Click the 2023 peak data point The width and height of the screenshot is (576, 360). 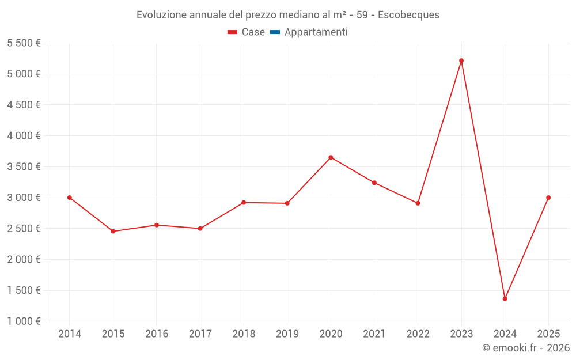pyautogui.click(x=461, y=60)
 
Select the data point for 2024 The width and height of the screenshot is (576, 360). pyautogui.click(x=505, y=298)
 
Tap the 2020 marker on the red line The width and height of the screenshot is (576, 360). pyautogui.click(x=331, y=157)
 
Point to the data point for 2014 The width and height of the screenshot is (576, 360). pyautogui.click(x=70, y=198)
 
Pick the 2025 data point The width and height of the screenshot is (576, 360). pyautogui.click(x=548, y=198)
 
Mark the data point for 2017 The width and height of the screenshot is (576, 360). pyautogui.click(x=200, y=229)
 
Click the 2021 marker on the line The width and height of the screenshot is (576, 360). pyautogui.click(x=374, y=183)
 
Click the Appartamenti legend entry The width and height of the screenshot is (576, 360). pyautogui.click(x=316, y=32)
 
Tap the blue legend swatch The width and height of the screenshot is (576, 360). pyautogui.click(x=275, y=32)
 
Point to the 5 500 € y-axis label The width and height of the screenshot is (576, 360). pyautogui.click(x=24, y=43)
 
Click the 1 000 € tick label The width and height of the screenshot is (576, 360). pyautogui.click(x=24, y=321)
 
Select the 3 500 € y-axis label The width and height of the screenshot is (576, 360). pyautogui.click(x=24, y=166)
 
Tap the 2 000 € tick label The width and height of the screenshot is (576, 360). pyautogui.click(x=24, y=259)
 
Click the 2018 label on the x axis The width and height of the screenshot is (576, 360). pyautogui.click(x=244, y=334)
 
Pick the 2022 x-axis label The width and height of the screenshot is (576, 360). pyautogui.click(x=418, y=334)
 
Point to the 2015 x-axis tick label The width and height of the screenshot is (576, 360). pyautogui.click(x=113, y=334)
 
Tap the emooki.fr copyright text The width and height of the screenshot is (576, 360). pyautogui.click(x=526, y=348)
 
